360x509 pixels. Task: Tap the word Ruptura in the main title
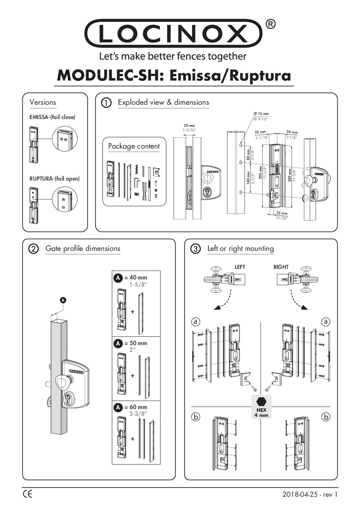coord(260,75)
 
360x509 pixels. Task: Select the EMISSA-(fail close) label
coord(52,117)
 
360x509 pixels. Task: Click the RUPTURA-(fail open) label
coord(54,178)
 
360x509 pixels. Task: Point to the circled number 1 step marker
coord(107,103)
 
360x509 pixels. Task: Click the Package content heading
coord(134,146)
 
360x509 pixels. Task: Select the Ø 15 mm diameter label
coord(261,114)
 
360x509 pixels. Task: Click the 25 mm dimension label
coord(282,213)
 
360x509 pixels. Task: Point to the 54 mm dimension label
coord(292,132)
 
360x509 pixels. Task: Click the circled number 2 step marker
coord(34,249)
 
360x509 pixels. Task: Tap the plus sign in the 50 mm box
coord(133,376)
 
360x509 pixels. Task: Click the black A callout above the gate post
coord(63,300)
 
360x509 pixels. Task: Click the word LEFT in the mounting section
coord(240,267)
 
